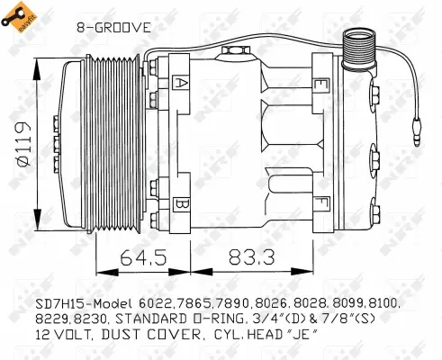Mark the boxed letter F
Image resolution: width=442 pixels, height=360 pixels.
click(x=320, y=203)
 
